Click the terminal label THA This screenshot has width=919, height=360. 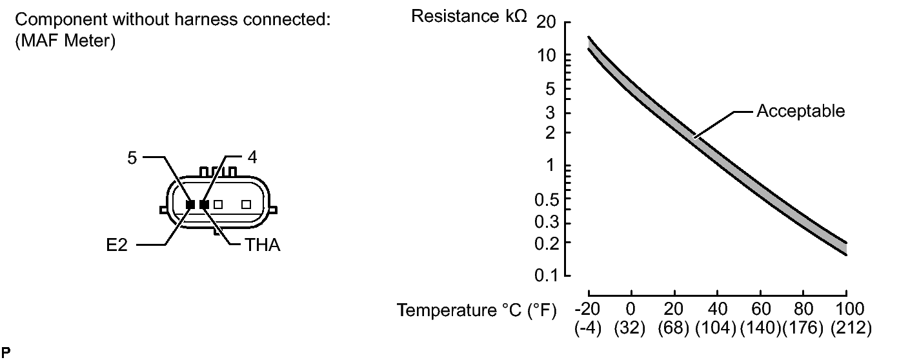[x=262, y=246]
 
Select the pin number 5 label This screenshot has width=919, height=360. [x=132, y=158]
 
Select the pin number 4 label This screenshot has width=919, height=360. [x=252, y=158]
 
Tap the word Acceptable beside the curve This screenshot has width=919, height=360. [x=800, y=112]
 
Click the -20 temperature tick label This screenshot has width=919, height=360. [x=588, y=308]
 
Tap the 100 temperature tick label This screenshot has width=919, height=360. [x=845, y=308]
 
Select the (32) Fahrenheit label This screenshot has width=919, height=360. [x=631, y=328]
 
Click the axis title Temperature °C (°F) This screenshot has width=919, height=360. [x=477, y=311]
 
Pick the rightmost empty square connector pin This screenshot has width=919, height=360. [x=246, y=205]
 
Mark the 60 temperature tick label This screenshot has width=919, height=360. [x=760, y=308]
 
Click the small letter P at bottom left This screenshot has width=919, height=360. [x=6, y=352]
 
